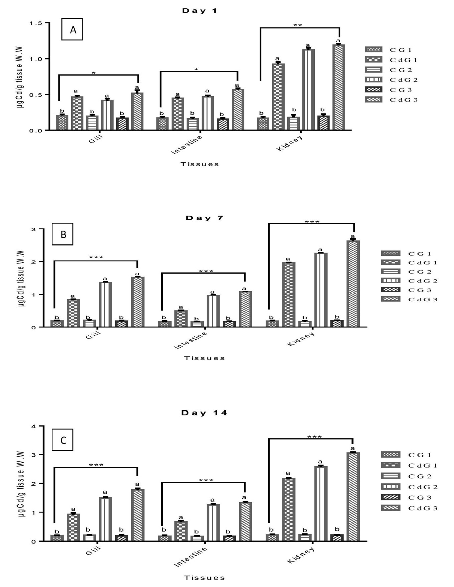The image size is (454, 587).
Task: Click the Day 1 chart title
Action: point(200,11)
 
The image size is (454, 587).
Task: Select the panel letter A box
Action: point(72,30)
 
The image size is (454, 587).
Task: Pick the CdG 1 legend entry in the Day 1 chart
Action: point(391,60)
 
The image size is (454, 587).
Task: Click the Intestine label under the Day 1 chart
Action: point(187,145)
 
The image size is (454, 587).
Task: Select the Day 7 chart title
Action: point(204,218)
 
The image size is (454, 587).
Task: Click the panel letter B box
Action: point(63,234)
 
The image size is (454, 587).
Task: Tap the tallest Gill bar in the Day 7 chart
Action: point(137,302)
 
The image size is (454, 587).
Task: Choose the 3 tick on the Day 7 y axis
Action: point(33,229)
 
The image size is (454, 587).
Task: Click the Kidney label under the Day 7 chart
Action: point(301,339)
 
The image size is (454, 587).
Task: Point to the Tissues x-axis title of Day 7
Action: point(204,358)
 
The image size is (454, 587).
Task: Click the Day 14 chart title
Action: point(204,413)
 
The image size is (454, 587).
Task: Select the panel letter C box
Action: point(63,440)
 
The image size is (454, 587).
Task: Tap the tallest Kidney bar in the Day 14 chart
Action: point(353,496)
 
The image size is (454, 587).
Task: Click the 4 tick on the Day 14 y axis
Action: point(33,426)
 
